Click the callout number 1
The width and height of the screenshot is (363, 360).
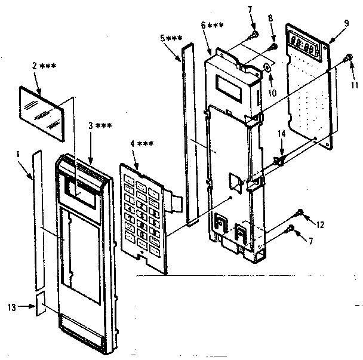(x=19, y=154)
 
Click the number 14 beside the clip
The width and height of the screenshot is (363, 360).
(x=281, y=137)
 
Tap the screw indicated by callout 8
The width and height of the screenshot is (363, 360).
(x=274, y=47)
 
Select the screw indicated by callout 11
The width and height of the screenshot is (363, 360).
(x=349, y=58)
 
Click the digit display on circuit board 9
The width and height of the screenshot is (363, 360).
(x=305, y=44)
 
